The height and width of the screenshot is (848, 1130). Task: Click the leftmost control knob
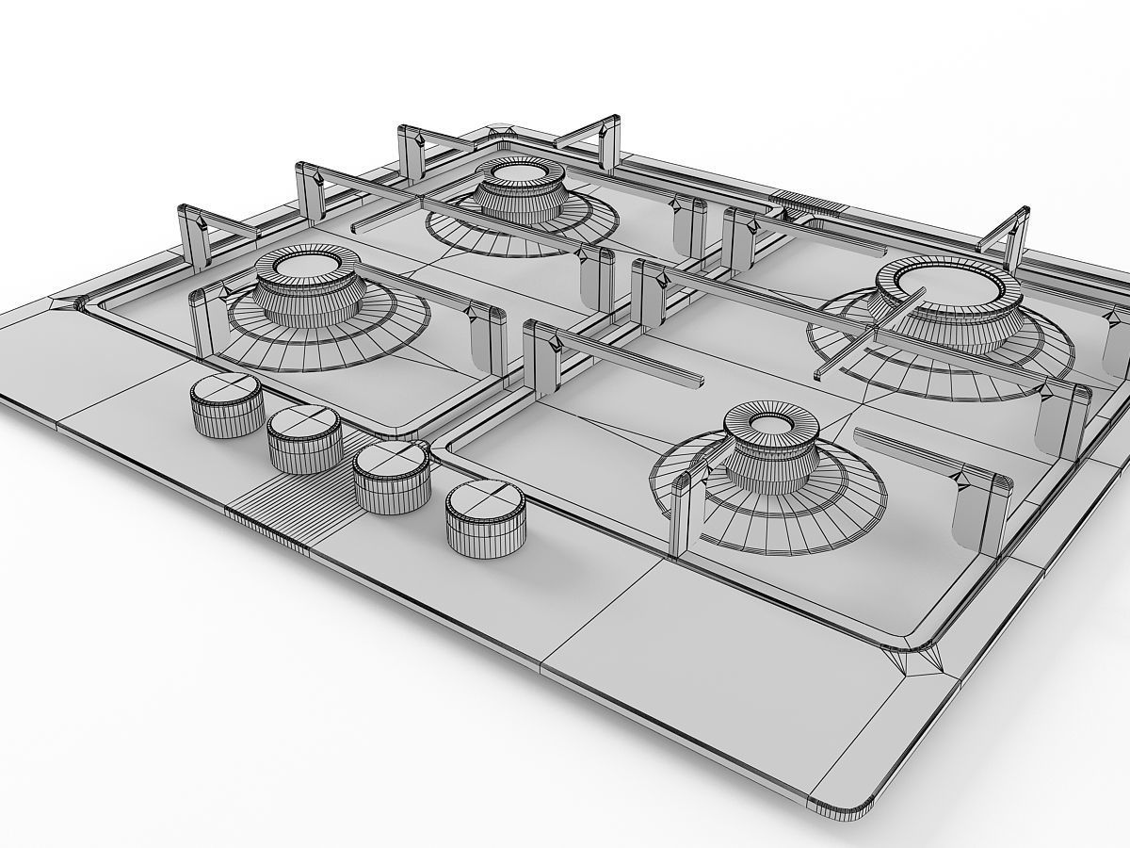click(x=226, y=403)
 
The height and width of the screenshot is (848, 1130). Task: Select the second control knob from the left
click(x=304, y=439)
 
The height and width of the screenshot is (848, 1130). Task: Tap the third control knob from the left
click(x=391, y=476)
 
